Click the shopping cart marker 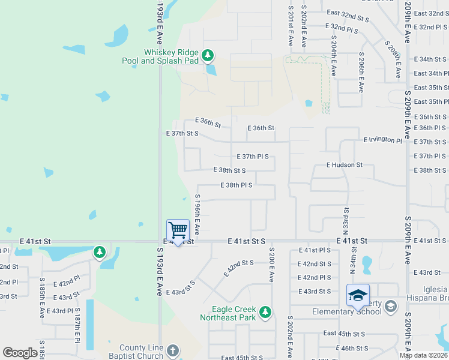point(178,230)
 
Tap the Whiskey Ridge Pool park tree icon point(208,56)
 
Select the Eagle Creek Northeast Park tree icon point(265,312)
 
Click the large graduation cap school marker point(358,295)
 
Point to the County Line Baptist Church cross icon point(172,350)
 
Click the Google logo point(20,353)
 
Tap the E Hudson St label point(345,164)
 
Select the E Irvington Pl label point(382,140)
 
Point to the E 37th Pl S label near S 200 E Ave point(253,157)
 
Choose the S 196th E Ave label point(197,214)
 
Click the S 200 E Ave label point(271,264)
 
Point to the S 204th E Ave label point(334,55)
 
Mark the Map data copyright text point(422,355)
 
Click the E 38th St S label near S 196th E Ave point(229,170)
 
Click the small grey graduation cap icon point(391,306)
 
